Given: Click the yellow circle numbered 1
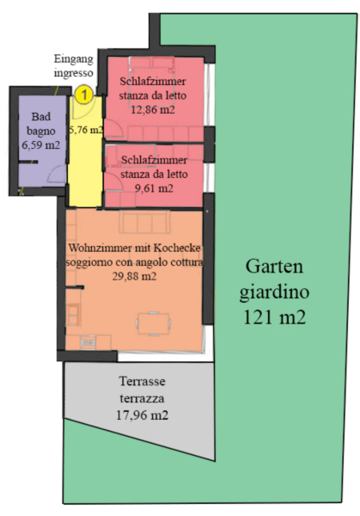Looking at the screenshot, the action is point(84,95).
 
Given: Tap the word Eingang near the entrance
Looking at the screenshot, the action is point(74,59).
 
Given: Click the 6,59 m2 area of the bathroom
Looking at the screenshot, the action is point(40,144).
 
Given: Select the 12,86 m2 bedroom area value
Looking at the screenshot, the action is point(153,109).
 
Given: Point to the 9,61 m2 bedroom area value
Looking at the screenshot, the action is point(154,187).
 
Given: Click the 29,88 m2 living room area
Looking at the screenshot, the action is point(134,276).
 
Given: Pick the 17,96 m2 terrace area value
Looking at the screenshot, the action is point(142,415).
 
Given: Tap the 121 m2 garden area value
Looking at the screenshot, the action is point(275,317).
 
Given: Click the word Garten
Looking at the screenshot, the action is point(274,267).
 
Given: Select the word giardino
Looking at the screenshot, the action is point(274,292).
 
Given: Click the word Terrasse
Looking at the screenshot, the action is point(142,381).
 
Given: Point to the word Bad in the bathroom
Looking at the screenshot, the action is point(41,116).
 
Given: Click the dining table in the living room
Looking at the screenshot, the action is point(154,324).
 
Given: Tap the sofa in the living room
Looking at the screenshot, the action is point(144,223).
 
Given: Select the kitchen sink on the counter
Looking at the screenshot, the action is point(88,343).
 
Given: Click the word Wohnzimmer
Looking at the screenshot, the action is point(100,249).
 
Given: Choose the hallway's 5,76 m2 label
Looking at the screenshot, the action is point(86,130).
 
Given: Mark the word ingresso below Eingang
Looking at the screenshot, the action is point(73,73).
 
